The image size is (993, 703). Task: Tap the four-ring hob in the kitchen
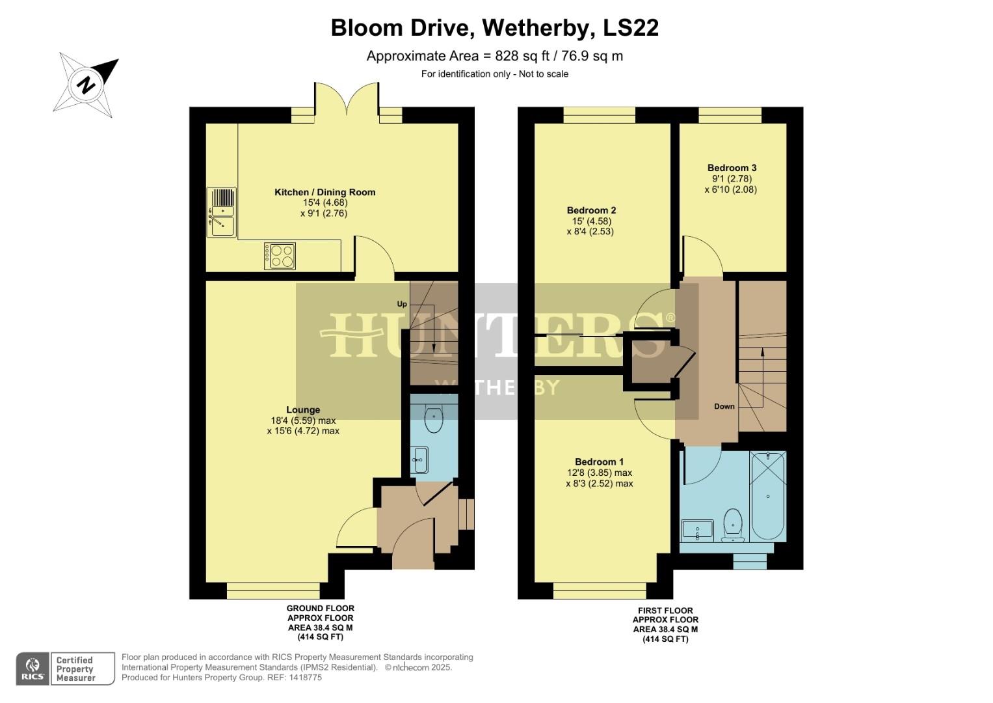[x=280, y=256]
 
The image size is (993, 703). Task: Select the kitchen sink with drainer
[x=221, y=212]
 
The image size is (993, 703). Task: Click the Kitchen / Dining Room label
[x=324, y=192]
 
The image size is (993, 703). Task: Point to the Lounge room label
[x=303, y=410]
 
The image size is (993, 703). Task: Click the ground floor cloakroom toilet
[x=433, y=419]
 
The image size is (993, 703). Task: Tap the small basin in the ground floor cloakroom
[x=419, y=460]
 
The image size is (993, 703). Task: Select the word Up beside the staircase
[x=402, y=304]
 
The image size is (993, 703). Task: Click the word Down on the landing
[x=724, y=406]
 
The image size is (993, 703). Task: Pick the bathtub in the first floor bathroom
[x=768, y=497]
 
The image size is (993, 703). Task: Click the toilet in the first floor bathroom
[x=733, y=525]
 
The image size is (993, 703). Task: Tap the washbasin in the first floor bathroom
[x=697, y=530]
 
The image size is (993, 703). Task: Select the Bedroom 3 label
[x=732, y=168]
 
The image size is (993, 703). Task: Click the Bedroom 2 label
[x=591, y=210]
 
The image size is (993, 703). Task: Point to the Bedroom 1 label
[x=599, y=462]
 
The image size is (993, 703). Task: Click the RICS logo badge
[x=33, y=669]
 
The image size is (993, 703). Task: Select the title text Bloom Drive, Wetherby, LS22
[x=494, y=28]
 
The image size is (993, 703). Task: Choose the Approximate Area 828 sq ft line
[x=494, y=56]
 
